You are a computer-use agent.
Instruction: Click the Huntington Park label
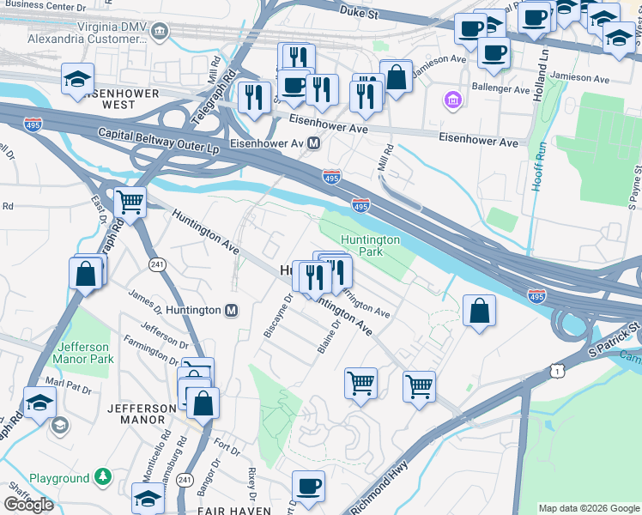tap(370, 246)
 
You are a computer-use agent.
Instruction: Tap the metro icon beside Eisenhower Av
tap(314, 143)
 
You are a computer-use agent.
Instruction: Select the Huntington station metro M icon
tap(231, 310)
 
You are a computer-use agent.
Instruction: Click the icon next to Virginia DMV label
tap(159, 33)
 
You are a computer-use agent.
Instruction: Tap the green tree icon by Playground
tap(102, 476)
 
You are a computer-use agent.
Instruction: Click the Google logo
tap(28, 505)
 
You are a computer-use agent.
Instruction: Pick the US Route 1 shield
tap(560, 370)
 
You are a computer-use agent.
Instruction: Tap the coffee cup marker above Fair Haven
tap(308, 486)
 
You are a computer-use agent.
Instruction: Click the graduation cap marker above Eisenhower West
tap(78, 81)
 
